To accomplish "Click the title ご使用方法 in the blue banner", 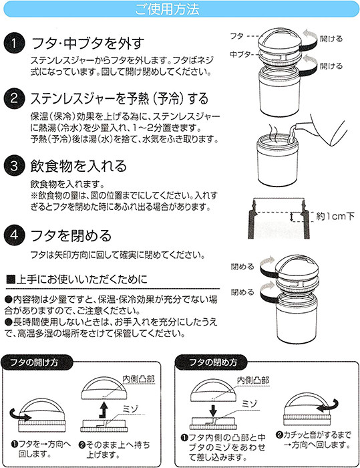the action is coord(167,9).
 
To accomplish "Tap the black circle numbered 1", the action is coord(14,43).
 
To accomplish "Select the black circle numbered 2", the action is coord(14,98).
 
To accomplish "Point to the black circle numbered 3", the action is coord(14,166).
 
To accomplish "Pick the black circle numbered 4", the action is coord(14,235).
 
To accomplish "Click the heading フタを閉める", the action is coord(71,235).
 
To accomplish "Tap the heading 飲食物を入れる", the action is coord(78,166).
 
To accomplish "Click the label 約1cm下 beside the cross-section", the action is coord(335,216).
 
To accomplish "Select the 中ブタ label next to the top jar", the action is coord(240,54).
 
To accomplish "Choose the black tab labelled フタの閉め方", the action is coord(213,362).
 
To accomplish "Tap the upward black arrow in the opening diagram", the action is coord(104,410).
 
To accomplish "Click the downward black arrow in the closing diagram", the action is coord(212,410).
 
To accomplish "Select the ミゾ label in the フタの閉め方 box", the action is coord(250,404).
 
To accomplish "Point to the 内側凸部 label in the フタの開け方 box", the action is coord(139,379).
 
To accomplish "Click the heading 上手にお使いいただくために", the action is coord(77,279).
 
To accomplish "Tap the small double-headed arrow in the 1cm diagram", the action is coord(292,217).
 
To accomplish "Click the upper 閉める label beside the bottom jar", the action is coord(242,267).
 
